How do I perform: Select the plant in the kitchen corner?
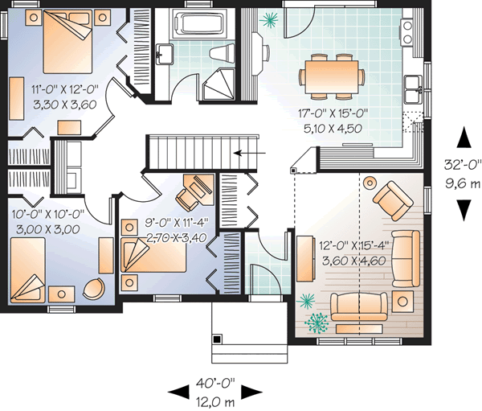point(271,18)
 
